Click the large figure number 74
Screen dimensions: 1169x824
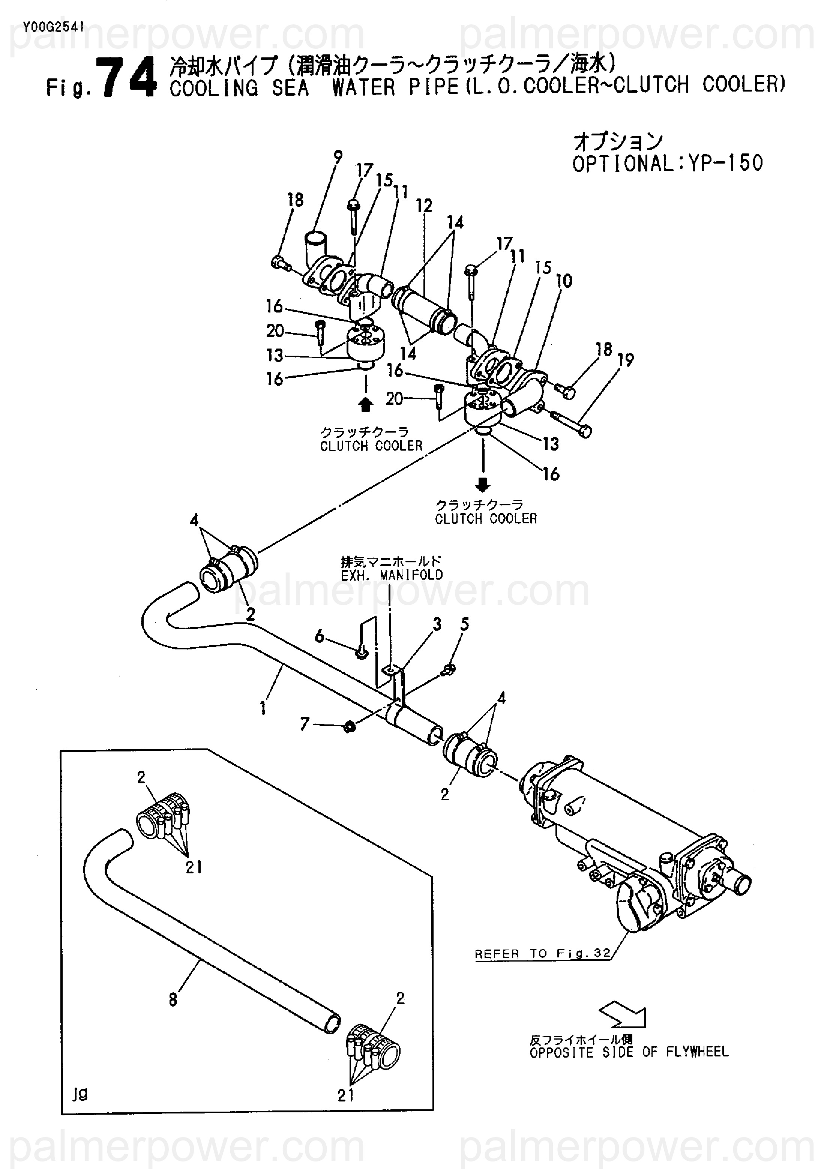point(127,78)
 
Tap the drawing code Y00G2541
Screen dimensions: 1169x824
point(53,27)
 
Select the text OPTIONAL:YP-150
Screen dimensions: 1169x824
point(667,164)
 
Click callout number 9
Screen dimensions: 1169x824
point(338,157)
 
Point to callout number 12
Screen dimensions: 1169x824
point(424,206)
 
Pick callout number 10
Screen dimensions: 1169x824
point(564,281)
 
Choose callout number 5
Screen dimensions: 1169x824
point(464,624)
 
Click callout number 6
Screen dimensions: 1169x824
point(319,636)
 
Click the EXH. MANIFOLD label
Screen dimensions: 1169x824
point(392,575)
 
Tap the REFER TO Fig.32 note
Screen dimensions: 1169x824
point(543,953)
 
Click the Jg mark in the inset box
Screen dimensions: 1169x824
point(80,1093)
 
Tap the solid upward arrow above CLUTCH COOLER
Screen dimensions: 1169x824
point(365,405)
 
